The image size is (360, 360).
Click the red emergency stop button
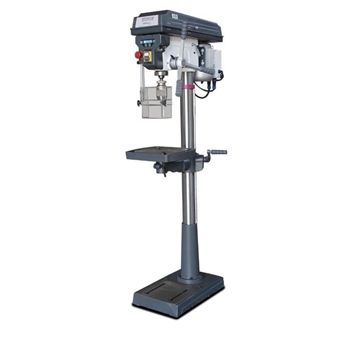[138, 59]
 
